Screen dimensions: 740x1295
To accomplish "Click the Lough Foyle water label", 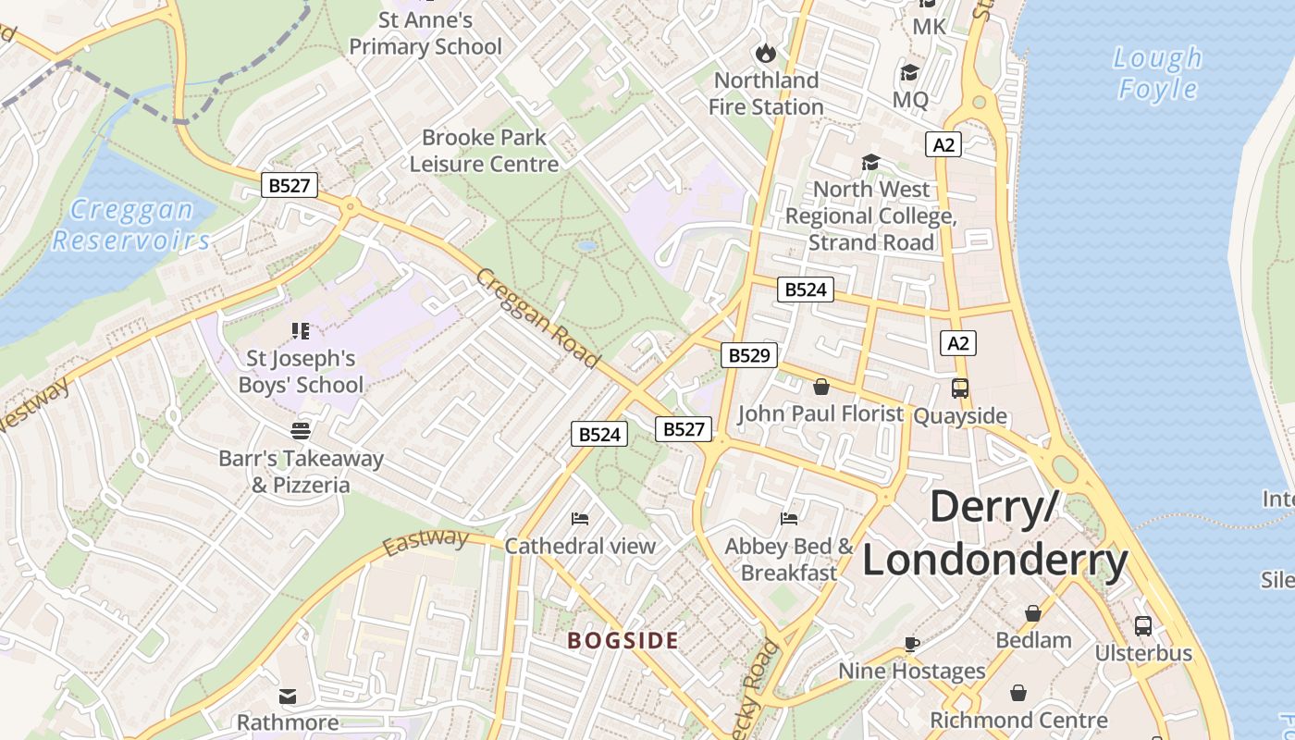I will (x=1157, y=74).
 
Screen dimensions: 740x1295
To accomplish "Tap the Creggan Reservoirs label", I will (x=131, y=225).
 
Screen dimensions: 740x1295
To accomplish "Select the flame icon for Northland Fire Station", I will (x=765, y=52).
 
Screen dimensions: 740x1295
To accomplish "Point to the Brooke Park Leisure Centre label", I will (x=484, y=151).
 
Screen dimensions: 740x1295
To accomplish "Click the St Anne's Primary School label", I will (x=425, y=33).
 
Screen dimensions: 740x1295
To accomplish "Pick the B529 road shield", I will (x=748, y=354).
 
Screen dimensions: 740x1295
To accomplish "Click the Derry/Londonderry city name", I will (x=995, y=534).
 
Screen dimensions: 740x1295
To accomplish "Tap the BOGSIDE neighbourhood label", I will (x=623, y=640).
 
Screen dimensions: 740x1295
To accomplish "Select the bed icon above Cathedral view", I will (x=580, y=518).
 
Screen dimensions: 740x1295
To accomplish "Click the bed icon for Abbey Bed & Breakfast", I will (x=788, y=518).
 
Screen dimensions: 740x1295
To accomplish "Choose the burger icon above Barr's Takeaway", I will (x=301, y=430).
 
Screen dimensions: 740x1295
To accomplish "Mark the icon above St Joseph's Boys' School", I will (x=301, y=330).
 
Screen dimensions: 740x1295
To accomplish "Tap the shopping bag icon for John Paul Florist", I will (x=820, y=387).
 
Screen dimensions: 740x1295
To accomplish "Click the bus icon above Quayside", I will (x=960, y=388).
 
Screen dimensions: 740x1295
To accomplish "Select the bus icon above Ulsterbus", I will (x=1143, y=626).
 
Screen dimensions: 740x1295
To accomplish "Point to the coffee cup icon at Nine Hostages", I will (x=911, y=644).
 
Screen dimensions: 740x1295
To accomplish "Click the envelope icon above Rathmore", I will (x=288, y=695).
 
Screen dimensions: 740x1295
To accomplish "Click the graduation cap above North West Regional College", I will (x=870, y=163).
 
